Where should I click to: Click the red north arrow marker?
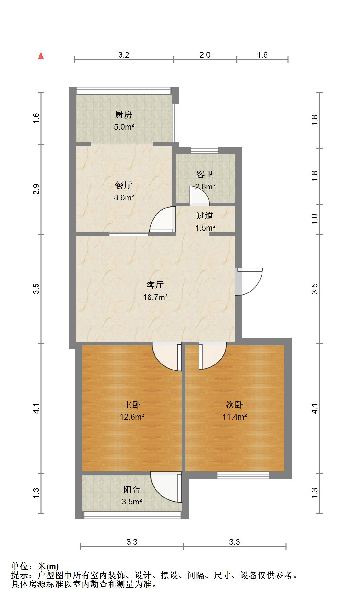pos(41,56)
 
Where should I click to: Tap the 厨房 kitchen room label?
pos(123,115)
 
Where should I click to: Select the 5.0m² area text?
pos(124,127)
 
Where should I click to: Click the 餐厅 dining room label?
pos(123,185)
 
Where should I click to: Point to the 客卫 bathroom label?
pos(205,174)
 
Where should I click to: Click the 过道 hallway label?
pos(205,215)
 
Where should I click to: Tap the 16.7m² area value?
pos(155,297)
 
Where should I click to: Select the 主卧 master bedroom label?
pos(132,404)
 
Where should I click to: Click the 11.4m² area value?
pos(235,417)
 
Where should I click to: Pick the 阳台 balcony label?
pos(132,489)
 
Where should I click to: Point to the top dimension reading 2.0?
pos(205,55)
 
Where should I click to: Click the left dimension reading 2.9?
pos(37,189)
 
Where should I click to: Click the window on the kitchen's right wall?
pos(176,123)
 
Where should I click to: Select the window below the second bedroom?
pos(243,475)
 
